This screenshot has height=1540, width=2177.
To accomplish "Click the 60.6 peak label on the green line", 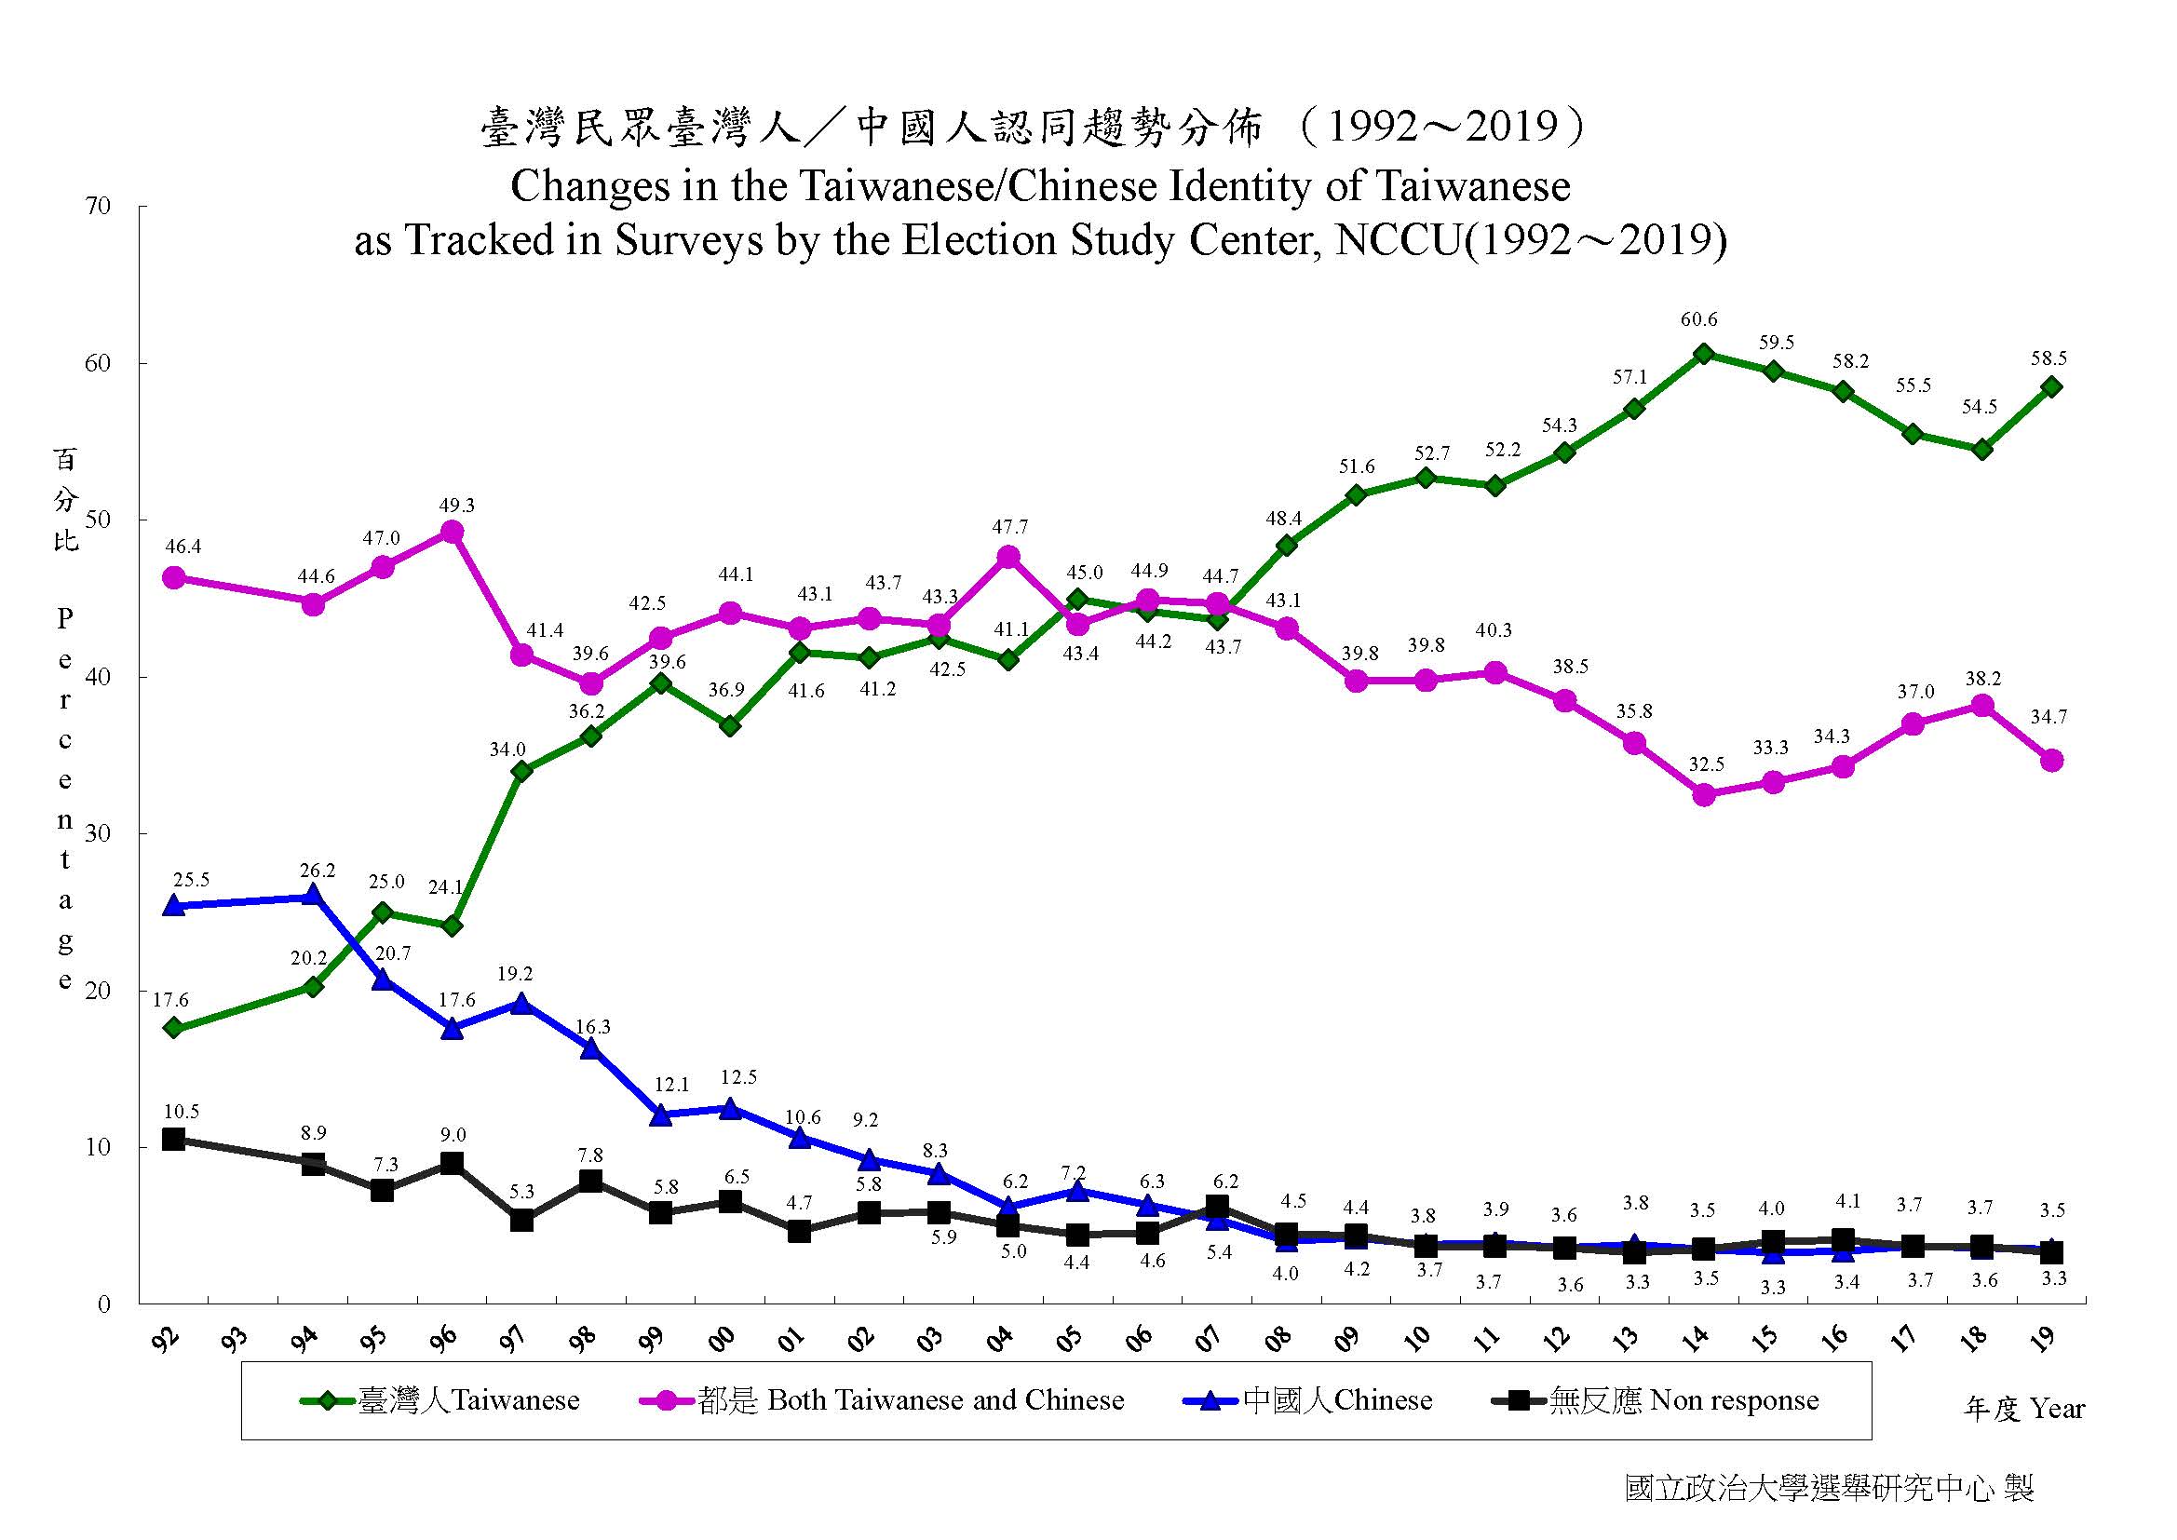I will pos(1698,320).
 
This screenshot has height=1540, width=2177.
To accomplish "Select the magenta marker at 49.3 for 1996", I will pos(453,532).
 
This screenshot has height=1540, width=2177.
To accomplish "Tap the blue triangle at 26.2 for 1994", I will pos(313,895).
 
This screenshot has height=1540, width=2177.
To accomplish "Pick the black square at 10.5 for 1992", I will pos(173,1139).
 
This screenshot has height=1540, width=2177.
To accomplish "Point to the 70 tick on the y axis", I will pos(99,207).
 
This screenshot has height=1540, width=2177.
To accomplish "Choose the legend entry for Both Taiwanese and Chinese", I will pos(882,1400).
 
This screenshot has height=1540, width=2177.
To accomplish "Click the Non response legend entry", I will pos(1655,1400).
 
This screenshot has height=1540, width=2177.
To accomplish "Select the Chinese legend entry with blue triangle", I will pos(1308,1400).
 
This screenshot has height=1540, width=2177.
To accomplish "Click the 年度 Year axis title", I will pos(2023,1409).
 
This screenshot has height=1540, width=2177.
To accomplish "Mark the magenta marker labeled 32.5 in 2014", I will pos(1704,794).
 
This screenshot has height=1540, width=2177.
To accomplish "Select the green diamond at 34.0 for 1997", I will pos(521,771).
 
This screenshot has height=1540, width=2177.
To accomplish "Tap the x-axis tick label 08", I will pos(1278,1338).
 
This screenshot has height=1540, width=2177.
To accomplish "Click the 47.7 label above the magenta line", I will pos(1009,527).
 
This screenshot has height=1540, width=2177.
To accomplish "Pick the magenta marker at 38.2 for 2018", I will pos(1981,706).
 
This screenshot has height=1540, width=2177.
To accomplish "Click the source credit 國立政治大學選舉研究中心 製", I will pos(1829,1487).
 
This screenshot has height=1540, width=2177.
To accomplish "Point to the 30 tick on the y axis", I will pos(99,833).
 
